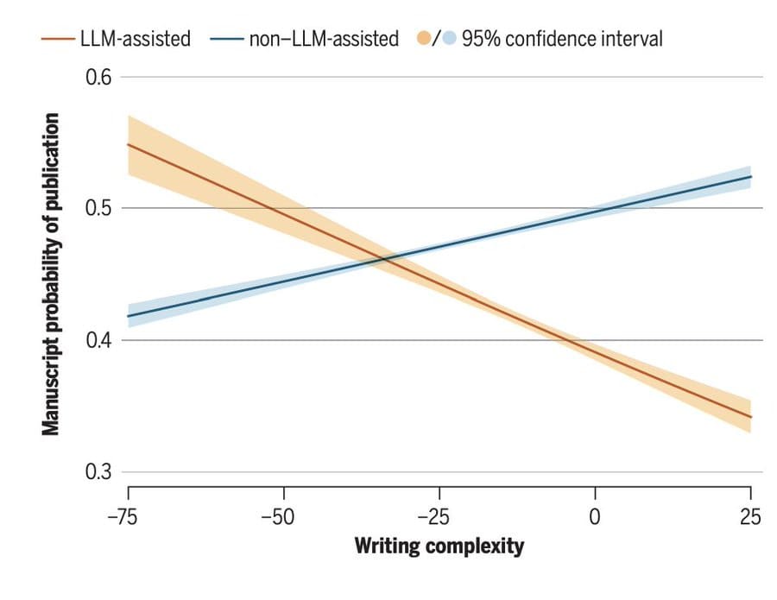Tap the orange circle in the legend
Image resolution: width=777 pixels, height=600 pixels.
424,39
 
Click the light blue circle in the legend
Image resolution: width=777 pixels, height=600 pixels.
448,39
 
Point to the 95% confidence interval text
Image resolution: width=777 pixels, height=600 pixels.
562,39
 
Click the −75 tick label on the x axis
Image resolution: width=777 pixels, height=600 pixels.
127,517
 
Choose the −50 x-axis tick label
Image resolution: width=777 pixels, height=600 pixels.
283,517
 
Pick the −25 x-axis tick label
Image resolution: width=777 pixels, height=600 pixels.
439,517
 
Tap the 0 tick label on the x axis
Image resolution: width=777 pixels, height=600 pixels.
595,517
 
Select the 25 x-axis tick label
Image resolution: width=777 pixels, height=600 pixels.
750,517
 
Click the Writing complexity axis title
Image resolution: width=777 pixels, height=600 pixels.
439,546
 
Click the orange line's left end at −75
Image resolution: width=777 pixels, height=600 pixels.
128,144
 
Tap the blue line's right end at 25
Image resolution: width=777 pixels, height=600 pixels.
750,176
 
